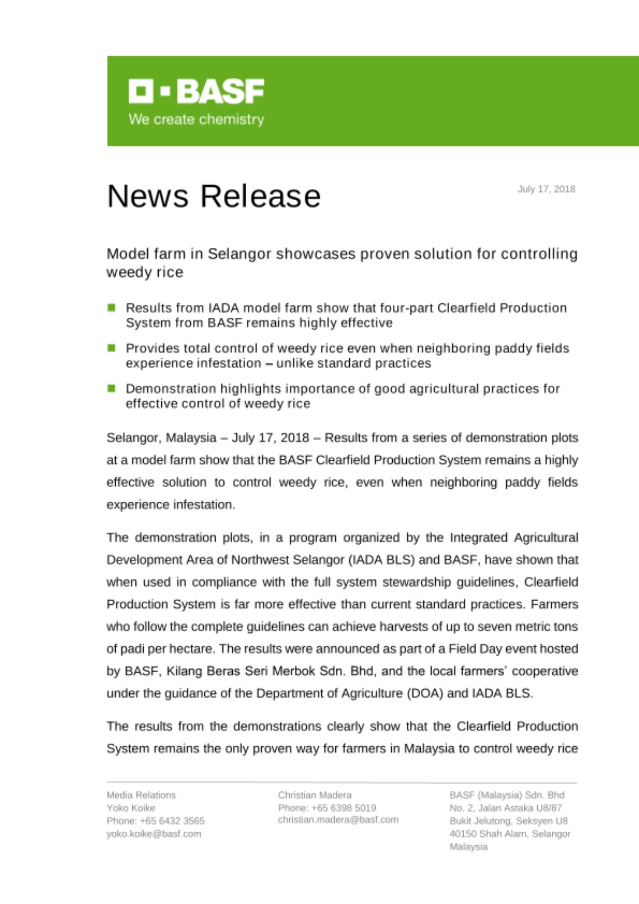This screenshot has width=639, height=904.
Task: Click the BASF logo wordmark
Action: point(197,91)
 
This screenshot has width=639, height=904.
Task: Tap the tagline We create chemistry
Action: point(196,119)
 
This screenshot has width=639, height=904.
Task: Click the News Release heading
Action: point(214,196)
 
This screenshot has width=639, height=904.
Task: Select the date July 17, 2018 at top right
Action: point(546,189)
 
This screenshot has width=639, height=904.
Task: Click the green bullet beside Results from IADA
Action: point(112,308)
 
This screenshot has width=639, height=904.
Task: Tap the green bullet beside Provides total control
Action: point(112,348)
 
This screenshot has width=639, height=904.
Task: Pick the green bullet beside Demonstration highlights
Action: point(112,388)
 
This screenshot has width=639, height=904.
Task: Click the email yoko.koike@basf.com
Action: point(154,833)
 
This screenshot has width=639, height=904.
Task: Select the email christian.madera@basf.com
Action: point(338,819)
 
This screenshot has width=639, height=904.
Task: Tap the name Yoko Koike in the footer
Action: point(131,808)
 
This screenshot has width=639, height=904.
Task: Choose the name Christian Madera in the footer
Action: point(315,795)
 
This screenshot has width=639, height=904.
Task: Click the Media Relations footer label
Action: point(141,795)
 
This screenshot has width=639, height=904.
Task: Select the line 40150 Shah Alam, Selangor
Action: point(509,833)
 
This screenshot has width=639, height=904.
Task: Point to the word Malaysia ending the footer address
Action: point(468,847)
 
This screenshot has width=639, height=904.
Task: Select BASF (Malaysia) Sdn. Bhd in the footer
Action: point(507,795)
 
